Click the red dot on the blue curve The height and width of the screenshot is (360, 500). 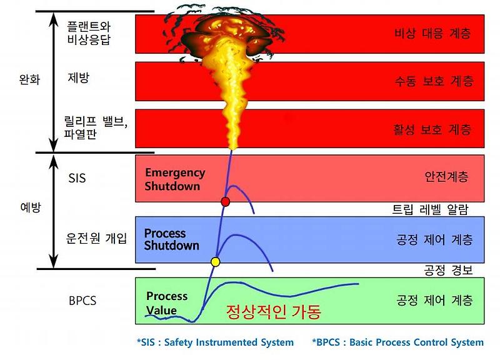click(226, 201)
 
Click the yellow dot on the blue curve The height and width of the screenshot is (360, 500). click(216, 261)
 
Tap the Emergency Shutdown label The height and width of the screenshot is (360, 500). click(175, 179)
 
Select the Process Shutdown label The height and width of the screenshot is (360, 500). click(171, 239)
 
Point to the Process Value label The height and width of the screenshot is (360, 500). click(166, 302)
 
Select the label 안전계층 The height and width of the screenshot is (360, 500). click(445, 177)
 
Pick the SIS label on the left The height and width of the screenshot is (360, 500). click(77, 178)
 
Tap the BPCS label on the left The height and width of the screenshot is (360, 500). click(82, 301)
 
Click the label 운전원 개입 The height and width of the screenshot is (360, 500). click(97, 238)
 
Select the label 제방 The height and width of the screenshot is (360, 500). click(79, 77)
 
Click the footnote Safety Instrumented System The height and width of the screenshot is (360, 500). click(215, 342)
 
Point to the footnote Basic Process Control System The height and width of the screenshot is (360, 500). click(397, 342)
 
